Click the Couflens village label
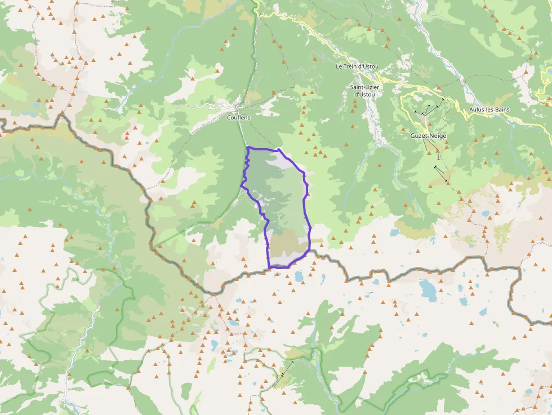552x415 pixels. click(x=238, y=117)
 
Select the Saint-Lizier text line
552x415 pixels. click(x=364, y=87)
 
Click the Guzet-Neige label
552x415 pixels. click(x=429, y=136)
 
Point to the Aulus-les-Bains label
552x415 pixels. click(x=489, y=109)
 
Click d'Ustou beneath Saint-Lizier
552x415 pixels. click(x=364, y=94)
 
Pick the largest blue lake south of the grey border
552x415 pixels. click(x=428, y=290)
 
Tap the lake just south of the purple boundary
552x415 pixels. click(x=298, y=276)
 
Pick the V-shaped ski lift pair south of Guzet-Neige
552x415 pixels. click(x=442, y=173)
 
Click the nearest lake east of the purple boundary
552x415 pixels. click(x=395, y=233)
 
